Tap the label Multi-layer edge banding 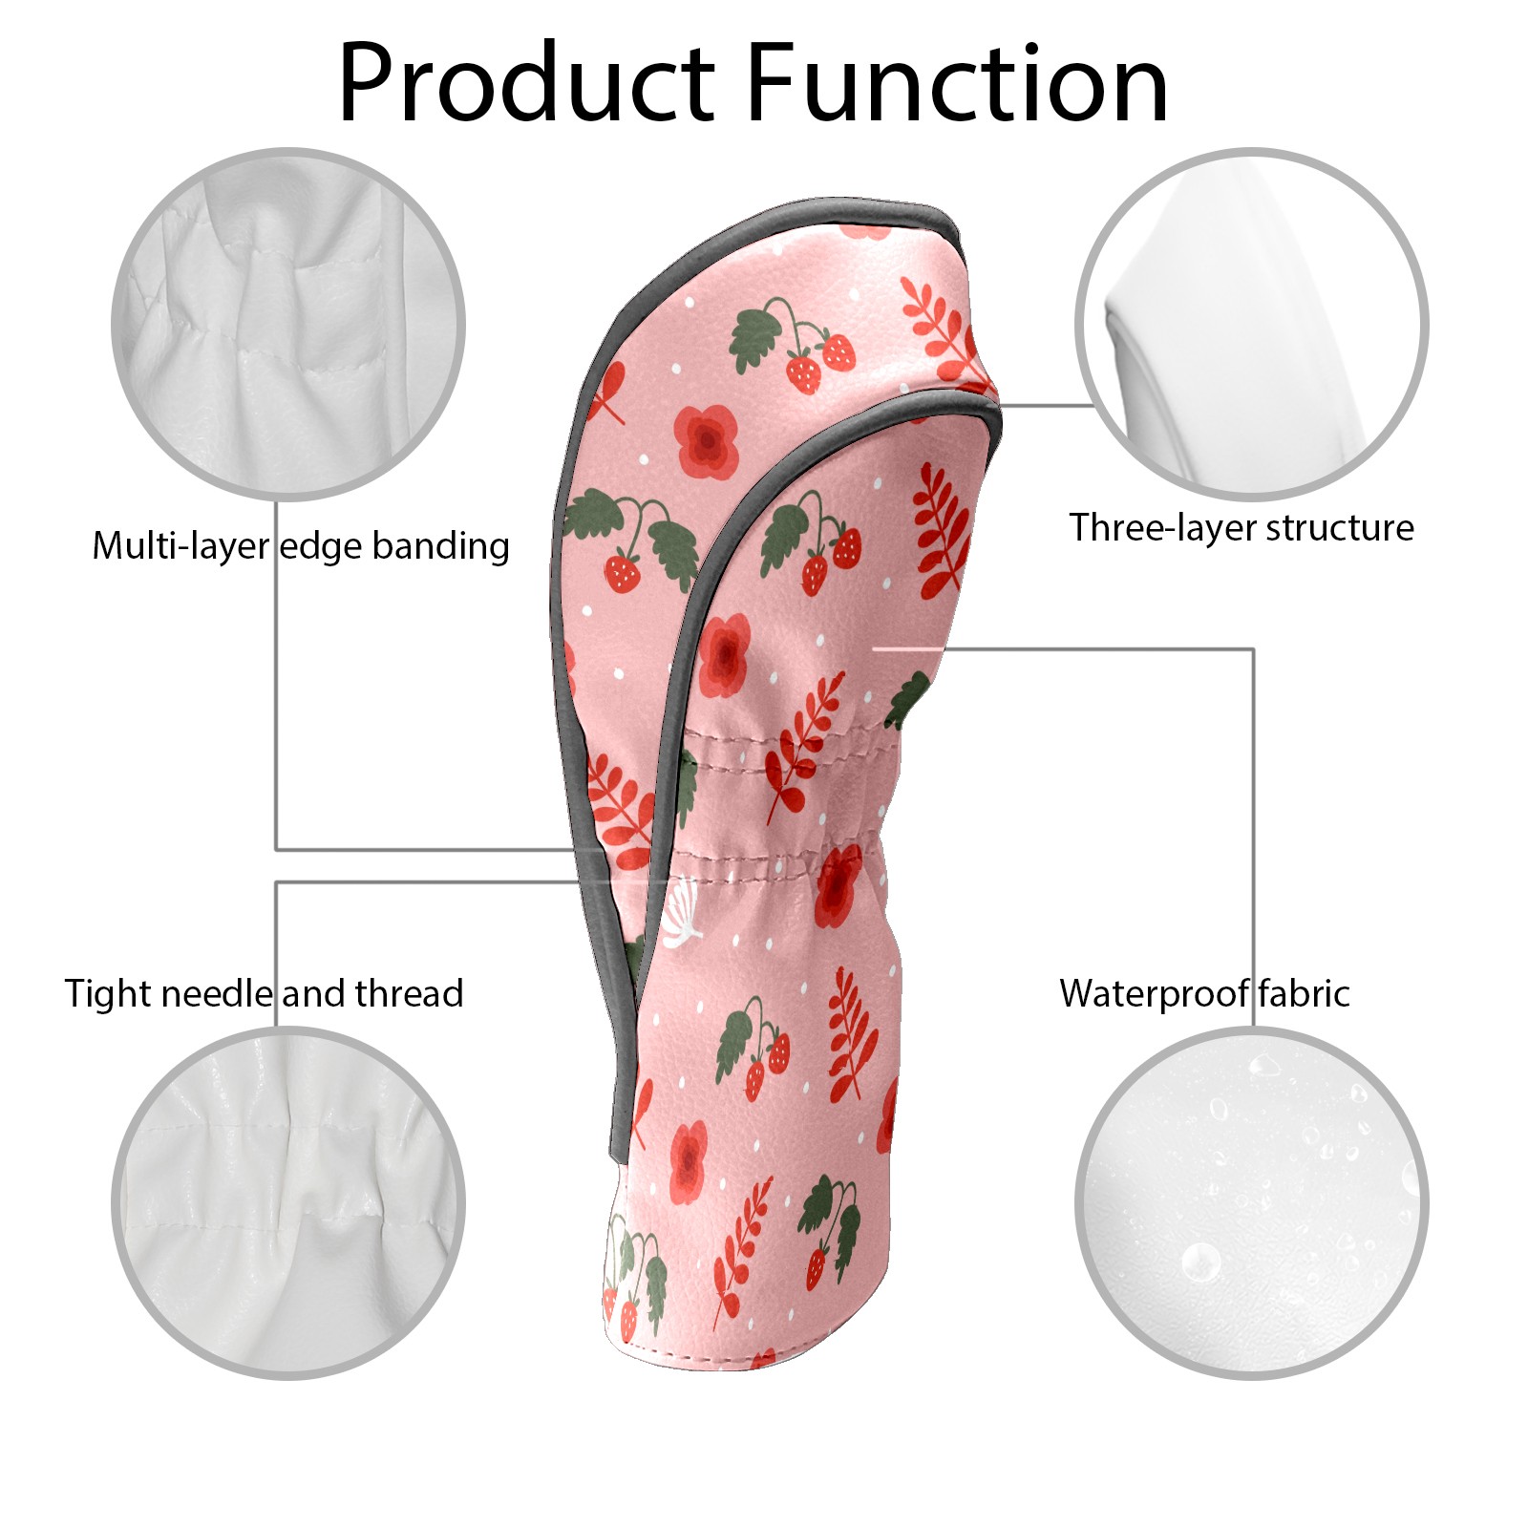coord(301,547)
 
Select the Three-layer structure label coord(1241,528)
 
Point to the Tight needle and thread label coord(264,994)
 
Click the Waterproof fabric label coord(1204,994)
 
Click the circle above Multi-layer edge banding coord(288,324)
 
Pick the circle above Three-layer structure coord(1252,324)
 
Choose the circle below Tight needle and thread coord(288,1203)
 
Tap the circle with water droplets coord(1252,1203)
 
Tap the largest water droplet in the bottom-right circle coord(1200,1263)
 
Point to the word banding coord(440,547)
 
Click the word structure coord(1340,528)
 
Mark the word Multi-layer coord(181,547)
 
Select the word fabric coord(1304,994)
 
